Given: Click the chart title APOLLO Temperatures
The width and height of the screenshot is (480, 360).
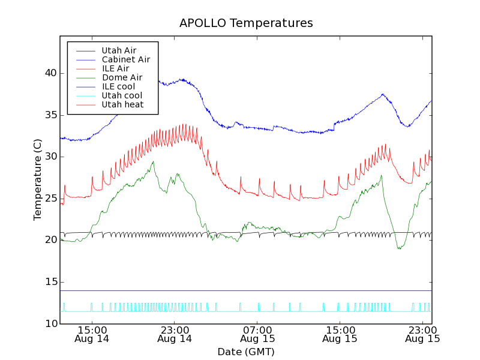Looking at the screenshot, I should pyautogui.click(x=246, y=23).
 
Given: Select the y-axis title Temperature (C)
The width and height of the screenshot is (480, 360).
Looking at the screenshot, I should pyautogui.click(x=38, y=180).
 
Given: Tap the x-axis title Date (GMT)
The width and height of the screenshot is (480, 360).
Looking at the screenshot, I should pyautogui.click(x=246, y=352).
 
